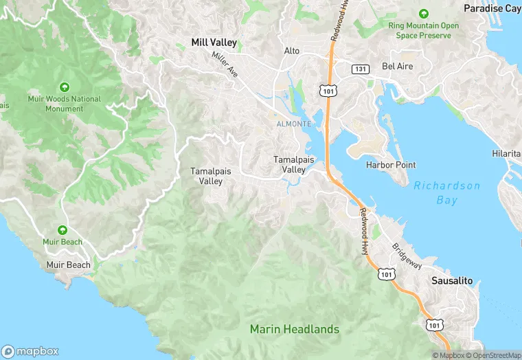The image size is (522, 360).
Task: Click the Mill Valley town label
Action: pos(214,43)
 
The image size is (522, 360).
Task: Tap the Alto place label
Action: pos(292,51)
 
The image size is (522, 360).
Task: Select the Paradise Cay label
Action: pos(492,8)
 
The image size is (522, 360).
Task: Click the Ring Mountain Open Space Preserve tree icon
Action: pos(423,14)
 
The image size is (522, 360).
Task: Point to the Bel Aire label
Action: pos(397,67)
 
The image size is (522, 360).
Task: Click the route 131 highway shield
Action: pos(360,69)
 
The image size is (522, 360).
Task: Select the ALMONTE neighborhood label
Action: pos(293,124)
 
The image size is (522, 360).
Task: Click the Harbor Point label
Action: pos(391,165)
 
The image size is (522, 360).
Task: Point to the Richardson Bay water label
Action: pos(446,193)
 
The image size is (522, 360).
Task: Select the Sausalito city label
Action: pos(452,281)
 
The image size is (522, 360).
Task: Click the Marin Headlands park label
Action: pos(294,329)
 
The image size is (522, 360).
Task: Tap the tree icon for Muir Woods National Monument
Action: pos(64,87)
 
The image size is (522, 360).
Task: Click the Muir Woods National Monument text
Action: pos(64,104)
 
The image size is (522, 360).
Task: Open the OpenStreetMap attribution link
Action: pos(492,355)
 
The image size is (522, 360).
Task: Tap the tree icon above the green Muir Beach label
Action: pos(63,230)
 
